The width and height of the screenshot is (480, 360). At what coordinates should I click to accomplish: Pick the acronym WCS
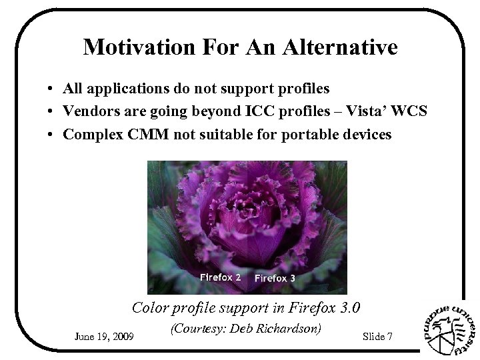click(409, 111)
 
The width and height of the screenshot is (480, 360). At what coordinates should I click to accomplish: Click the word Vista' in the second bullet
click(361, 111)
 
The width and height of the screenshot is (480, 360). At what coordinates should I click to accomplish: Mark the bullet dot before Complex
click(51, 135)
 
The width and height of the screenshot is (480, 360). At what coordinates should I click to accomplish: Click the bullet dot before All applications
click(51, 89)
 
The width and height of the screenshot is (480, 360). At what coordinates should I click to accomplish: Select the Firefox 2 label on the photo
click(221, 277)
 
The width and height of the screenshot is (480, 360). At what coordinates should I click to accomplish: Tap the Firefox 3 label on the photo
click(275, 278)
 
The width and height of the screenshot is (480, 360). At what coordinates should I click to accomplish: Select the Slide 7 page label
click(377, 336)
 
